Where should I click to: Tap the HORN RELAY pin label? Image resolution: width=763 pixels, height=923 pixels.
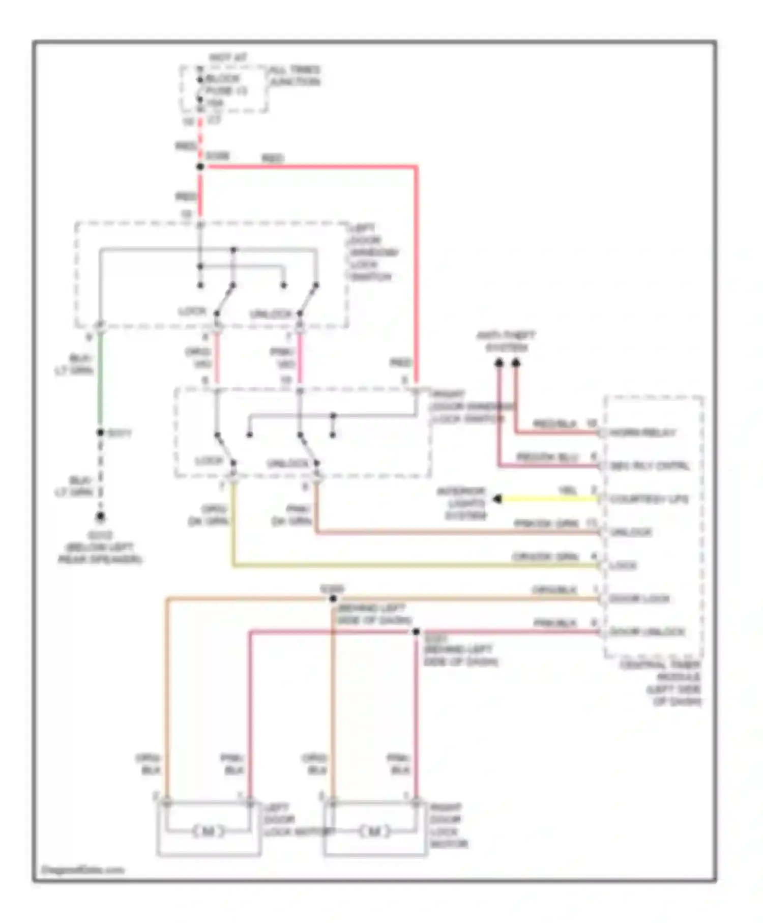pyautogui.click(x=643, y=432)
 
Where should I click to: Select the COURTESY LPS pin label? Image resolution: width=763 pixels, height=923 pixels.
pyautogui.click(x=649, y=499)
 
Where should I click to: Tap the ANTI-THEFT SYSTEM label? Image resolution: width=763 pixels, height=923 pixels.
pyautogui.click(x=506, y=341)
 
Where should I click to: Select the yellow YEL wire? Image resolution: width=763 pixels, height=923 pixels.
pyautogui.click(x=549, y=499)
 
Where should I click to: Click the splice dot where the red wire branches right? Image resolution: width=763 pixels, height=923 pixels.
pyautogui.click(x=200, y=166)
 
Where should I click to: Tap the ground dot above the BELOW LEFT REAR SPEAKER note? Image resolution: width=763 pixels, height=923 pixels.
pyautogui.click(x=101, y=517)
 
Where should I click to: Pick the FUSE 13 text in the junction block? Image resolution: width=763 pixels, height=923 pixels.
pyautogui.click(x=226, y=91)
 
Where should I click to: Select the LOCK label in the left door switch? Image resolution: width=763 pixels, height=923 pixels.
pyautogui.click(x=192, y=311)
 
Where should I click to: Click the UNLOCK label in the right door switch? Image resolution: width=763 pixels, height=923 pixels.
pyautogui.click(x=288, y=464)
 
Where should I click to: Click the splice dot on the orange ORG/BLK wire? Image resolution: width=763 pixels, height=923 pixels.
pyautogui.click(x=333, y=599)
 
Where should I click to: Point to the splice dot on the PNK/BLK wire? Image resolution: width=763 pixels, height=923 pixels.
pyautogui.click(x=416, y=632)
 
